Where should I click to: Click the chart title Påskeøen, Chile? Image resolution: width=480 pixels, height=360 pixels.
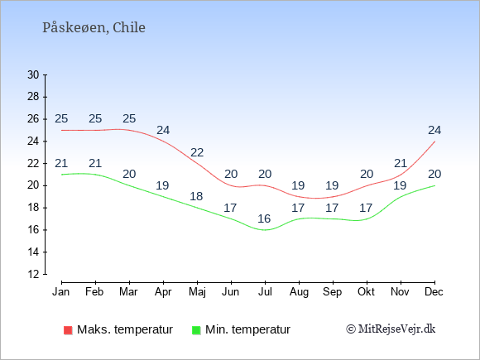coord(94,27)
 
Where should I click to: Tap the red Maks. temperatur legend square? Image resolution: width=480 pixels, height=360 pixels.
coord(68,330)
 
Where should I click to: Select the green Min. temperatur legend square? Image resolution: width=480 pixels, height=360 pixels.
coord(196,330)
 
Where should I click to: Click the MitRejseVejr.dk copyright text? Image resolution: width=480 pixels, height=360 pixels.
coord(391,329)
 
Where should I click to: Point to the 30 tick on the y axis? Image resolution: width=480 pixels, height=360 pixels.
coord(33,74)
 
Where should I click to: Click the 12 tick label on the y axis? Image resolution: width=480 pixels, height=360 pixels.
coord(33,274)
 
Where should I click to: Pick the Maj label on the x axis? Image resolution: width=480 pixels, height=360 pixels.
coord(197,292)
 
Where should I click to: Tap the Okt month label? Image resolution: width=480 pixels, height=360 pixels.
coord(366,291)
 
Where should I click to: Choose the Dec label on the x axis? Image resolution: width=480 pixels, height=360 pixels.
coord(434,291)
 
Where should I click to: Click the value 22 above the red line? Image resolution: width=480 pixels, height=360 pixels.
coord(197,152)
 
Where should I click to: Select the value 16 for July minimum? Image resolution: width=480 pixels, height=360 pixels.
coord(264,218)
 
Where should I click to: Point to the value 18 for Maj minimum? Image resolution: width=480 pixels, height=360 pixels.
coord(196,196)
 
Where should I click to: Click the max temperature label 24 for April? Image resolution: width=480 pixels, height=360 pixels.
coord(163,130)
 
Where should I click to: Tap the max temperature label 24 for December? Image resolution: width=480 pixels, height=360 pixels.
coord(434,130)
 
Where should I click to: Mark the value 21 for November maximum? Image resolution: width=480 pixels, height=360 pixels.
coord(401,163)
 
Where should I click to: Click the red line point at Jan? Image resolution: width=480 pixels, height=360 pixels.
coord(62,130)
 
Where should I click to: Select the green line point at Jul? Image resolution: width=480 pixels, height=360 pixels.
coord(265,230)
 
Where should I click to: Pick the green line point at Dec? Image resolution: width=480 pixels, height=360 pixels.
coord(434,185)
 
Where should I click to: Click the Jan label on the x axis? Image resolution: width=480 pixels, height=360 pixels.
coord(61,291)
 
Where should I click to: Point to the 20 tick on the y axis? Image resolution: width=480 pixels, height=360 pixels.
coord(33,185)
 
